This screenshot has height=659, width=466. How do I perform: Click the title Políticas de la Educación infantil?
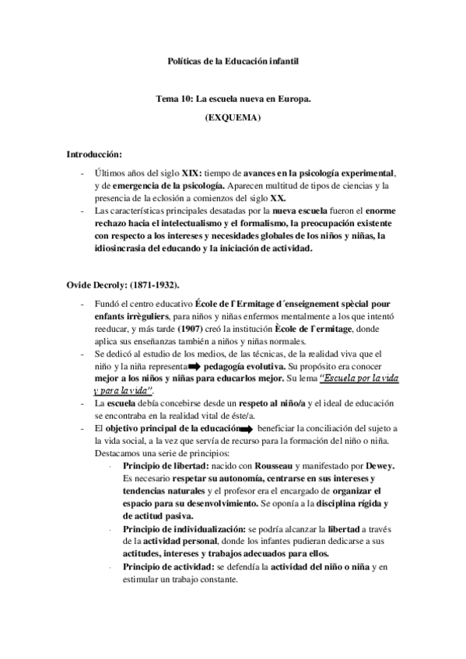(233, 60)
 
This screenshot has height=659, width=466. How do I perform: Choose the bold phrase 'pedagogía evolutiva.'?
(244, 365)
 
